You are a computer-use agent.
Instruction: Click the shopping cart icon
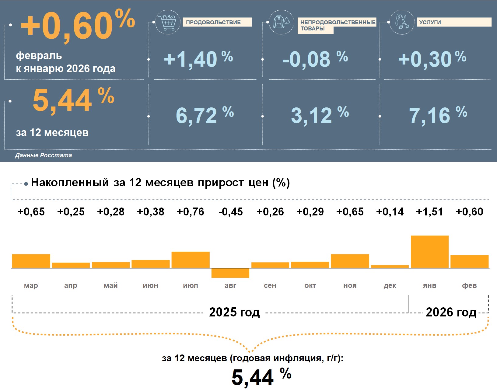[167, 22]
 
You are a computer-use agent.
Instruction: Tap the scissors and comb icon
[402, 22]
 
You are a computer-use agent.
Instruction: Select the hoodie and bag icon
[282, 22]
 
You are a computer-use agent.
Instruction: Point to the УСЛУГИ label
[430, 22]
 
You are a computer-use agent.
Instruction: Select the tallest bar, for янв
[429, 252]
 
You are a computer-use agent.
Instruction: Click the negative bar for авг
[230, 273]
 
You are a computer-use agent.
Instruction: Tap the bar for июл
[191, 260]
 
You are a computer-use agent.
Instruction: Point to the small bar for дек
[390, 267]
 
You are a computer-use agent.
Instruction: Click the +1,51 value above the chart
[429, 211]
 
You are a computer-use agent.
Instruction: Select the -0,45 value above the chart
[230, 211]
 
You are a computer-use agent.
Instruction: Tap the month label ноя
[350, 285]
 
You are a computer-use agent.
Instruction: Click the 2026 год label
[451, 312]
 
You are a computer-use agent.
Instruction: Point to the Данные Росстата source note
[44, 155]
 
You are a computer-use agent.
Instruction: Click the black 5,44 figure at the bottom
[253, 377]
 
